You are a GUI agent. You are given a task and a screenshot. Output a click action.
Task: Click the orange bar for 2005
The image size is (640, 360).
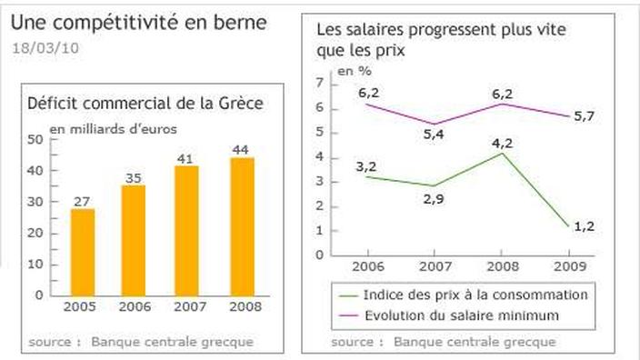pos(83,252)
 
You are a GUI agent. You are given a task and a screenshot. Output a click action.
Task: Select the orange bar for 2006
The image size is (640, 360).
pos(134,240)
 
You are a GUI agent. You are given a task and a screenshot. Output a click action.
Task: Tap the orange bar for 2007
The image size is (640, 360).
pos(187,230)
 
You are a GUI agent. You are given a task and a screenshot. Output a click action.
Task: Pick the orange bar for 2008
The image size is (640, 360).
pos(241,225)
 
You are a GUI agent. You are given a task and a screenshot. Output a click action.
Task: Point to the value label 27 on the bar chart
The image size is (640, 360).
pos(83,201)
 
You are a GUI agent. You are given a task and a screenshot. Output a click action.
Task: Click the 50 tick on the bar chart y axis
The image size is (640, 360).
pos(35,139)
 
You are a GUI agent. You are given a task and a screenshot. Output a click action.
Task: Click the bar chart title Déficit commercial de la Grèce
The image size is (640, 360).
pos(145,103)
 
